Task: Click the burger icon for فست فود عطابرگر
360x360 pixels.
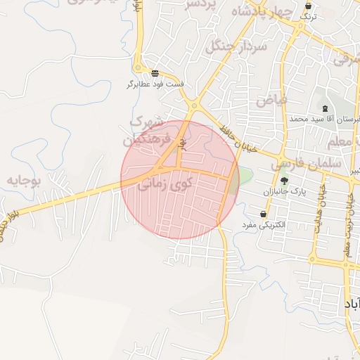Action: [155, 73]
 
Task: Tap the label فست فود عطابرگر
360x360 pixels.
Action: [155, 84]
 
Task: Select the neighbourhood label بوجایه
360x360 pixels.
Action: [25, 181]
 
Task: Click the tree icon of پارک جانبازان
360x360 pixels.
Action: [284, 181]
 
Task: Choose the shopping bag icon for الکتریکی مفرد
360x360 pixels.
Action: [263, 214]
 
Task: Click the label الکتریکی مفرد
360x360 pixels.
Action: [262, 225]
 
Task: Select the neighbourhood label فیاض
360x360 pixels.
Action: [272, 100]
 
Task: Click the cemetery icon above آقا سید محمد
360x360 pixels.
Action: [324, 108]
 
